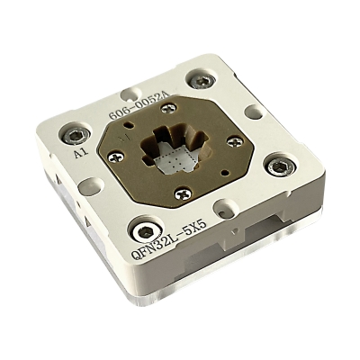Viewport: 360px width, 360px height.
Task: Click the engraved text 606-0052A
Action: (140, 106)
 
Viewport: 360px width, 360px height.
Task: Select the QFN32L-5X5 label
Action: (169, 238)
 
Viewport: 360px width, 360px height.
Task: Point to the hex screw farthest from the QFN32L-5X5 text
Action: (203, 80)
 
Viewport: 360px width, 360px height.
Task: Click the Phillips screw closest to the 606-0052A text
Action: (169, 107)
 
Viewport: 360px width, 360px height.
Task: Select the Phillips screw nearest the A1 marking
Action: (116, 157)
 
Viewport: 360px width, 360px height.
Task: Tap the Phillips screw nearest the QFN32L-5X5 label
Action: (184, 194)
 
